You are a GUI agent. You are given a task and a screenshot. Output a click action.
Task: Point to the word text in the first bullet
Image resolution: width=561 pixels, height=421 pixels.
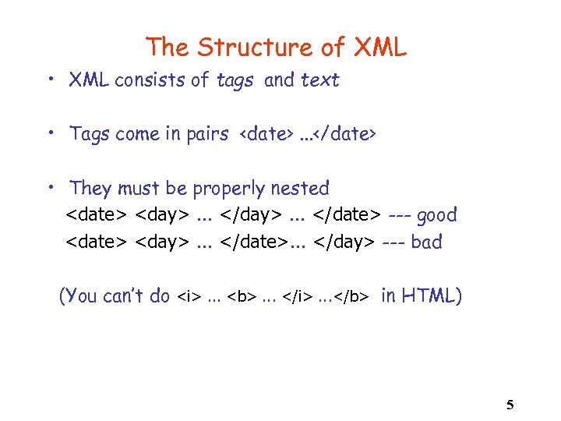tap(320, 80)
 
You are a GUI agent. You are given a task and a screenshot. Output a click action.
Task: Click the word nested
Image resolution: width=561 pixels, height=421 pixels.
tap(302, 189)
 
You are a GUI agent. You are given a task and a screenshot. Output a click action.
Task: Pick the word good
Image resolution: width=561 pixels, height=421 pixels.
tap(437, 215)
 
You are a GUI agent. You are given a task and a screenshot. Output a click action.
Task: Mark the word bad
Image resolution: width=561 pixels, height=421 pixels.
tap(426, 242)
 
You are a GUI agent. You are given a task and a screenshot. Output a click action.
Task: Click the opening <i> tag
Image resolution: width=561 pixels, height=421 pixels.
tap(188, 297)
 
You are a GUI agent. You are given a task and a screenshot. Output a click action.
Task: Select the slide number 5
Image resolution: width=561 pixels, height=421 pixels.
tap(510, 405)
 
